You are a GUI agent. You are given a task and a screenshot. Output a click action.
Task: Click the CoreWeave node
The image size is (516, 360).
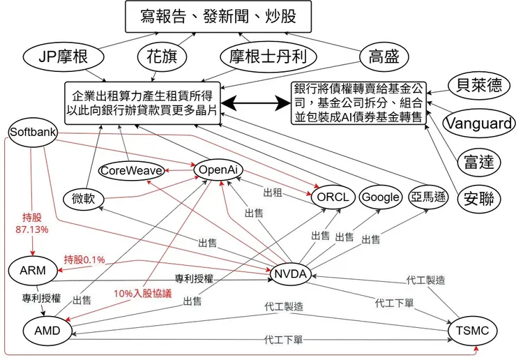131,170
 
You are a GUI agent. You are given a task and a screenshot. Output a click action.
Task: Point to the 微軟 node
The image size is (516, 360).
83,199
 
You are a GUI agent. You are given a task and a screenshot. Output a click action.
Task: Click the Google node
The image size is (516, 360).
381,197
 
